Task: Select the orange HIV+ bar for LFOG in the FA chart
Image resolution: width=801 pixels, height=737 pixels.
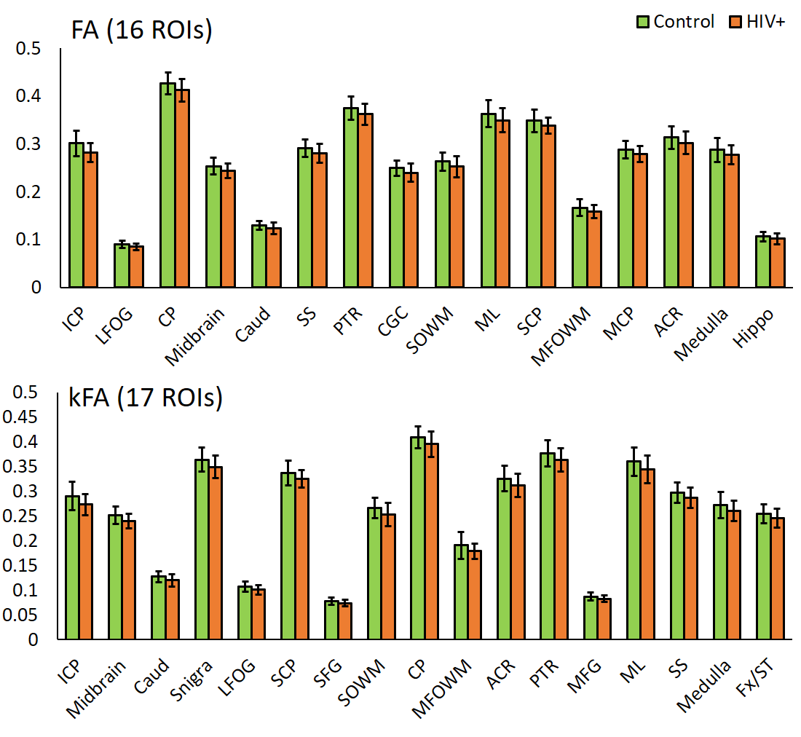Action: coord(137,267)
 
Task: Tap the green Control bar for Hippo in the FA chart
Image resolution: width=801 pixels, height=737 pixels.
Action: coord(762,261)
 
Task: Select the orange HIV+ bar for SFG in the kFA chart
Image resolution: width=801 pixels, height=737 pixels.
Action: coord(344,621)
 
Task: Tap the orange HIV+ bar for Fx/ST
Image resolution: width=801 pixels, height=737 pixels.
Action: coord(778,579)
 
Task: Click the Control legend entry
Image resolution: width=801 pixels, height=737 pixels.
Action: coord(676,22)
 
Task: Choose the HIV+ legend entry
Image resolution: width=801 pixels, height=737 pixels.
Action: coord(757,22)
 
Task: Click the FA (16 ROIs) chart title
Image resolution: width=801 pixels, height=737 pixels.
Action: coord(141,31)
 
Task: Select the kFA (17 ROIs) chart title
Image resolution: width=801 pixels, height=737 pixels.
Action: coord(146,398)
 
